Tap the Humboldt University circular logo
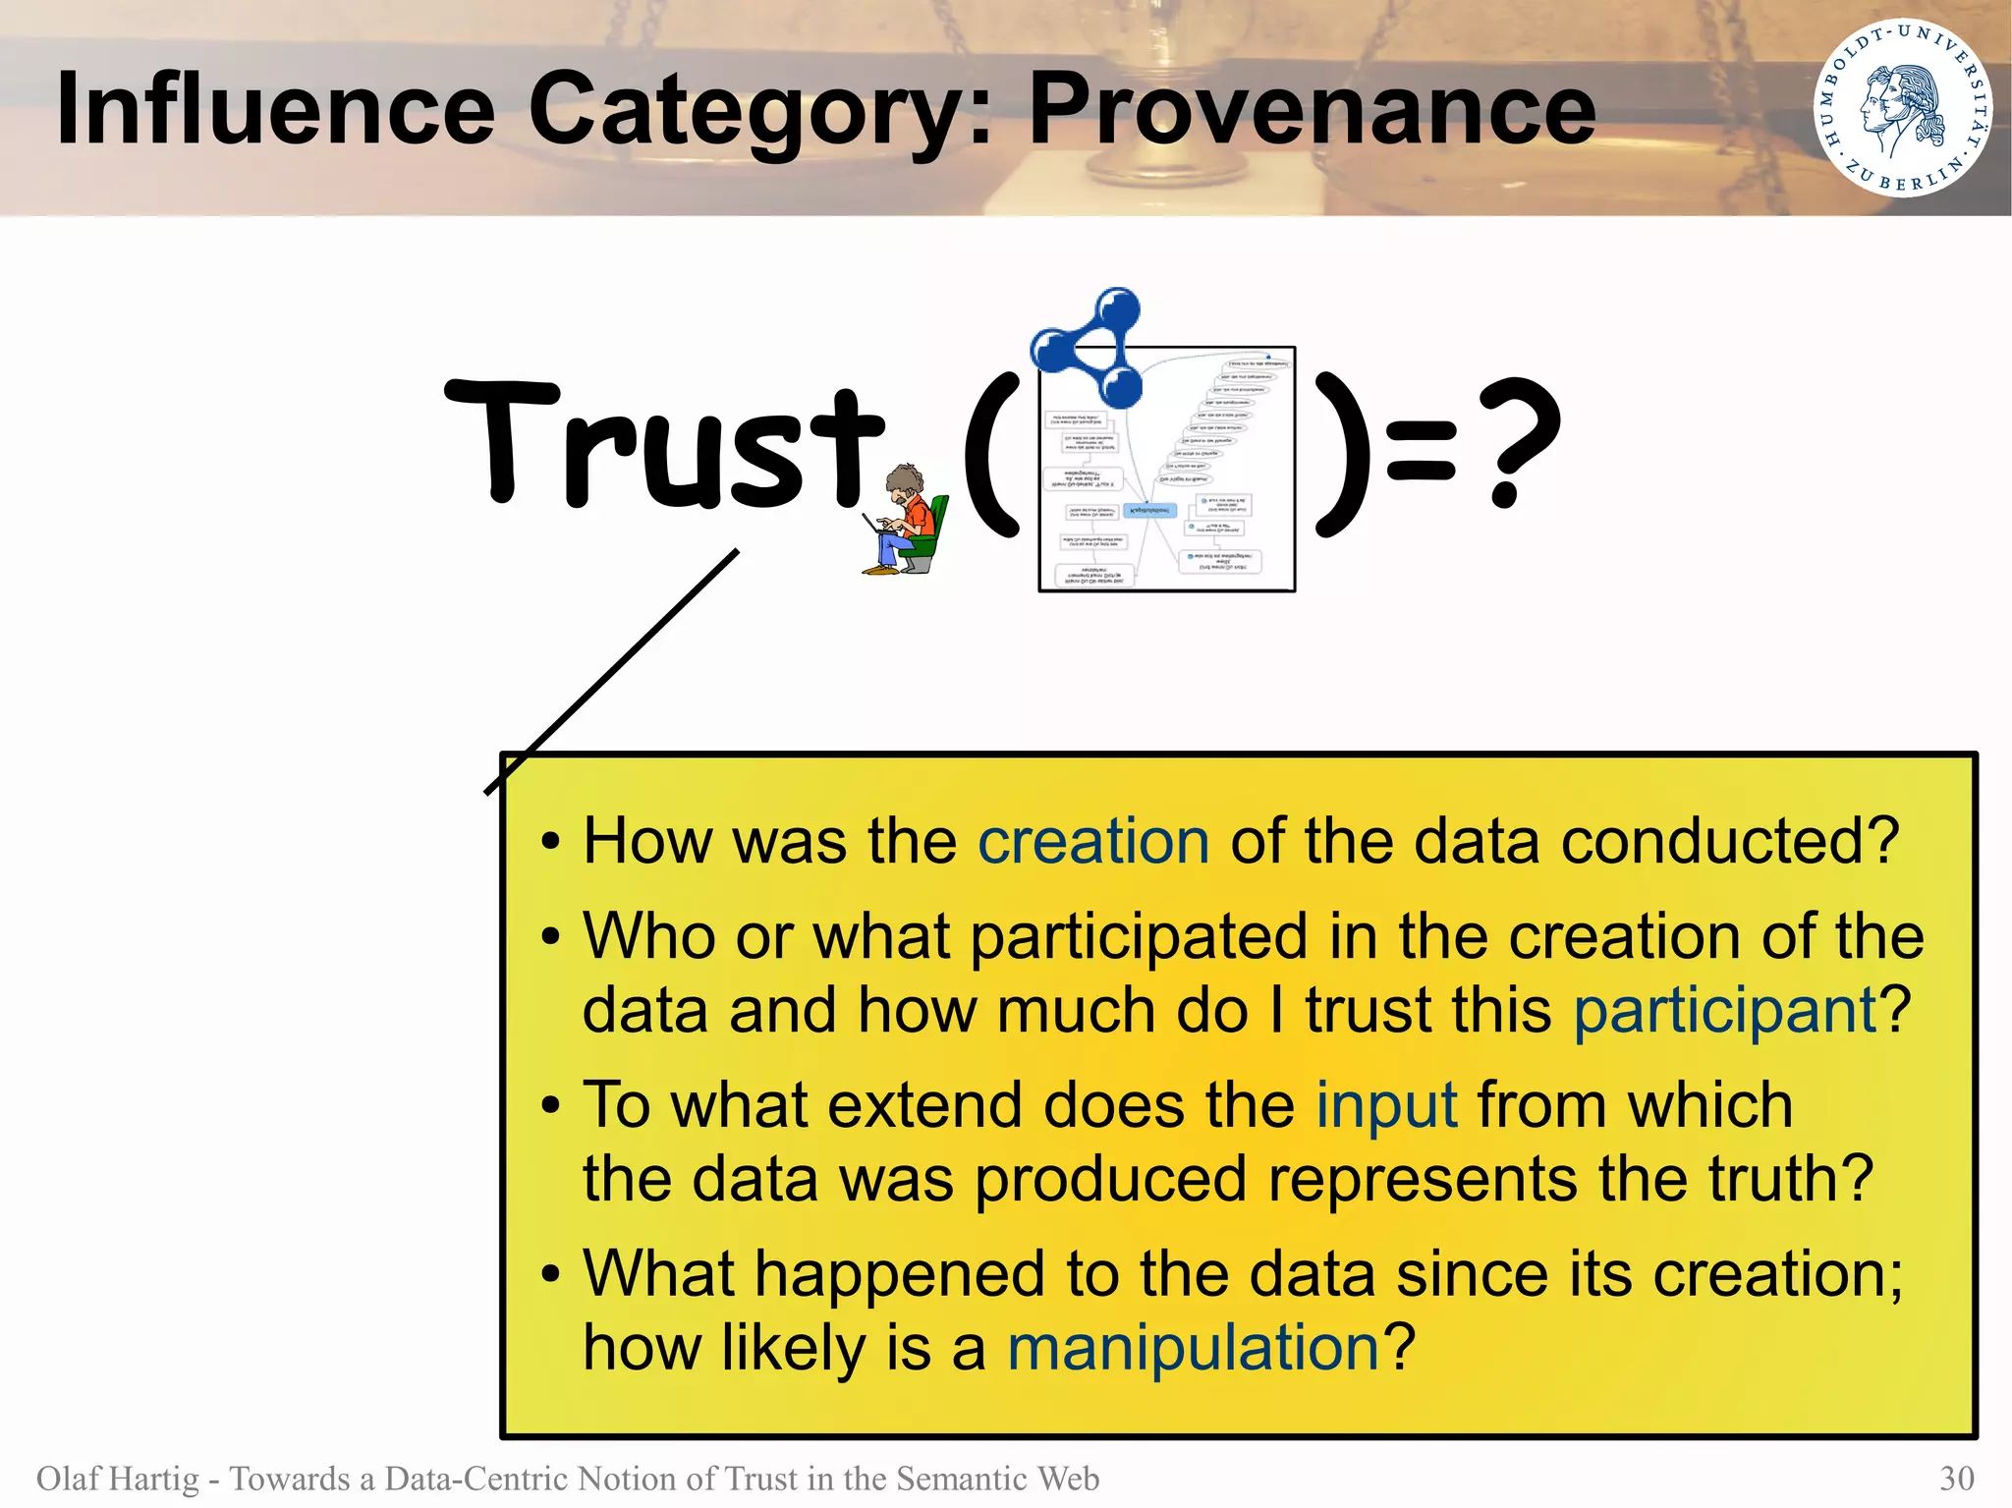click(1902, 108)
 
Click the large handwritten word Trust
click(664, 447)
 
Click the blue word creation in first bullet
click(1092, 842)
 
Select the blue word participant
click(1725, 1010)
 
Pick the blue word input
click(1386, 1105)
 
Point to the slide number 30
click(1956, 1479)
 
